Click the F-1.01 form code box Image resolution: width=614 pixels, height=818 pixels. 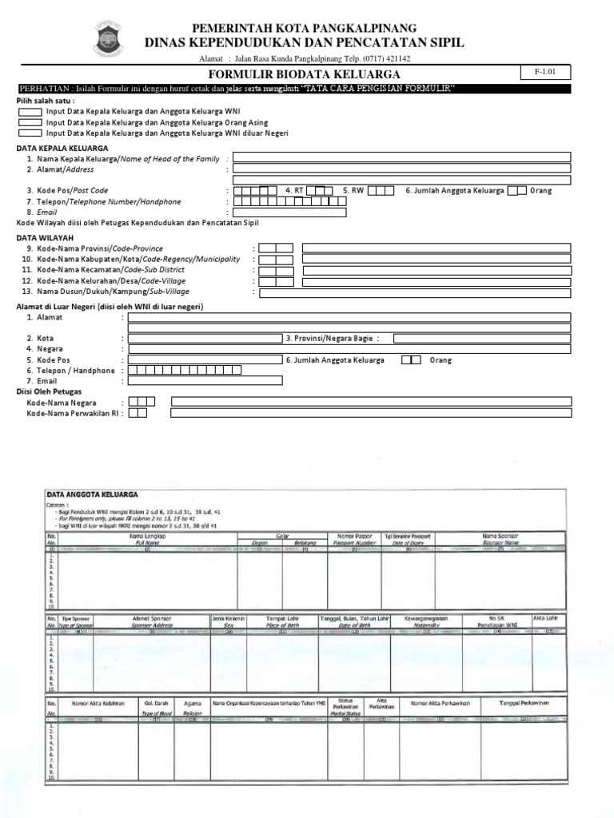[x=546, y=73]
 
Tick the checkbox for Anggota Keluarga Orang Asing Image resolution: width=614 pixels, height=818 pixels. [x=30, y=123]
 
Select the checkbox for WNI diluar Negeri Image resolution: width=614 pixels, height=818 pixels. [x=30, y=133]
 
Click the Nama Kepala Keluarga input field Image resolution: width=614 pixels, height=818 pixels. [x=401, y=157]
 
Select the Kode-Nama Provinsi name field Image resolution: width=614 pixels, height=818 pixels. [x=436, y=248]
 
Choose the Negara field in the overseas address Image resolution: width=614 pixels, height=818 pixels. [x=349, y=349]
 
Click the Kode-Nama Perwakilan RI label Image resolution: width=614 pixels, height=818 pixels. [x=74, y=414]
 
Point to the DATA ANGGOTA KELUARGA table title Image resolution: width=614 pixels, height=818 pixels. [x=92, y=495]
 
